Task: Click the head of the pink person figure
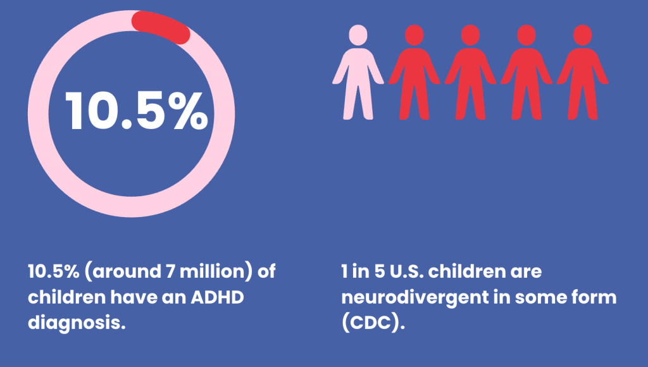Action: pos(358,35)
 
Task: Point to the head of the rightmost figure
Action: pos(582,35)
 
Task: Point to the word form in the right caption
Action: pos(594,297)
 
